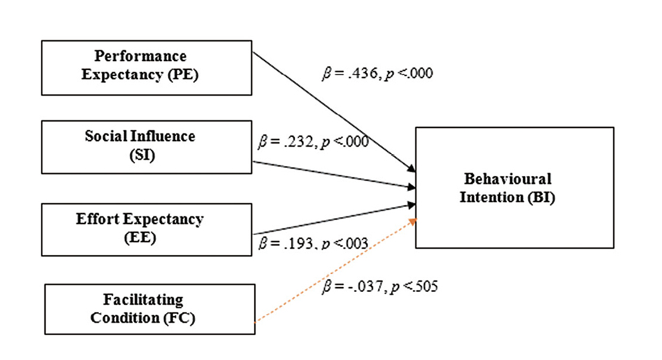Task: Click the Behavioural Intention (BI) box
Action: pos(514,187)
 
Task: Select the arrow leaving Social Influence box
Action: pos(332,174)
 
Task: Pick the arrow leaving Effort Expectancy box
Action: pos(332,219)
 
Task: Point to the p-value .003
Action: pos(356,244)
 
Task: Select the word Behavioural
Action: pos(507,179)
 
